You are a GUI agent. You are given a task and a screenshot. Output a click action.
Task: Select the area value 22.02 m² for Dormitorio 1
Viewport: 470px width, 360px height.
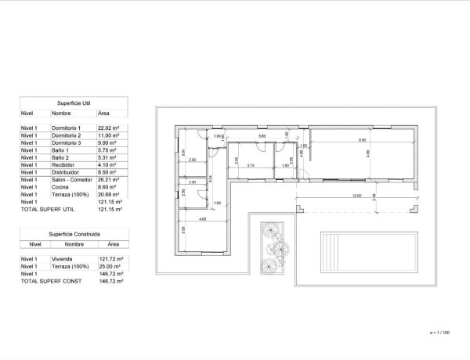(x=108, y=127)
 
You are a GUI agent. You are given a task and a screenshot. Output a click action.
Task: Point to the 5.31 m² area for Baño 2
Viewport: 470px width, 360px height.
(x=107, y=157)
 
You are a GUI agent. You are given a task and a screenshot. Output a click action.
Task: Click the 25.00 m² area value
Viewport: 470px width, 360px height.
(x=108, y=266)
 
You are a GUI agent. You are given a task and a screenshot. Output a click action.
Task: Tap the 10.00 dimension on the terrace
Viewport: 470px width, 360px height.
(x=356, y=196)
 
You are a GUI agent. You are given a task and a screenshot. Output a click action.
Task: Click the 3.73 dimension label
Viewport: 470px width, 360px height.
(x=250, y=165)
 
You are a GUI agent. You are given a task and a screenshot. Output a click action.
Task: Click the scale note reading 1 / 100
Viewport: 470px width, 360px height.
(x=441, y=333)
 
